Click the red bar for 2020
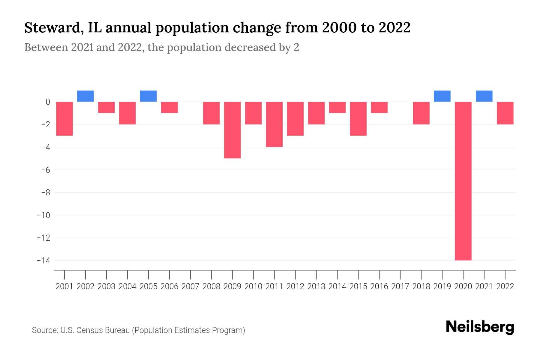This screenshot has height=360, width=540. coord(463,181)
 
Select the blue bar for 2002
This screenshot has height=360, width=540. coord(85,96)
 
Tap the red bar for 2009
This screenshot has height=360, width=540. coord(232,130)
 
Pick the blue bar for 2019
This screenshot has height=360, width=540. coord(442,96)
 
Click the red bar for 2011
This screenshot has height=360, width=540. coord(274,124)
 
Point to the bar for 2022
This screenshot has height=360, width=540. coord(505,113)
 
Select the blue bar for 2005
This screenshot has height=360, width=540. coord(148,96)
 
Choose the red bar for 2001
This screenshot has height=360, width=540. coord(64,118)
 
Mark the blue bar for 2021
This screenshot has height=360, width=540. coord(484,96)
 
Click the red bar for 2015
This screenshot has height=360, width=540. coord(358,118)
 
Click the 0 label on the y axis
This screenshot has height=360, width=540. coord(48,102)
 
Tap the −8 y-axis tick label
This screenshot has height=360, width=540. coord(45,193)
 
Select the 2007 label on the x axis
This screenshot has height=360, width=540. coord(190,286)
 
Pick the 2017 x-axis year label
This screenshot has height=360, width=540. coord(400,286)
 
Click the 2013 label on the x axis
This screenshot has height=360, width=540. coord(316,286)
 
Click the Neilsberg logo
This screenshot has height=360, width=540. coord(480,327)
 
